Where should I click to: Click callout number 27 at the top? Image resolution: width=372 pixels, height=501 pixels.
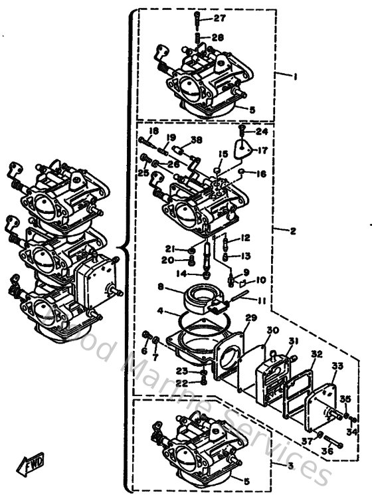(219, 18)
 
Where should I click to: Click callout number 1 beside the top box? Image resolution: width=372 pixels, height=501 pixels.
(294, 76)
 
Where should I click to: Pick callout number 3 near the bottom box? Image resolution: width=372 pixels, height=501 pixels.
(290, 465)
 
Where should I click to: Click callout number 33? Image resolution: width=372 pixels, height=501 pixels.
(338, 365)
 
